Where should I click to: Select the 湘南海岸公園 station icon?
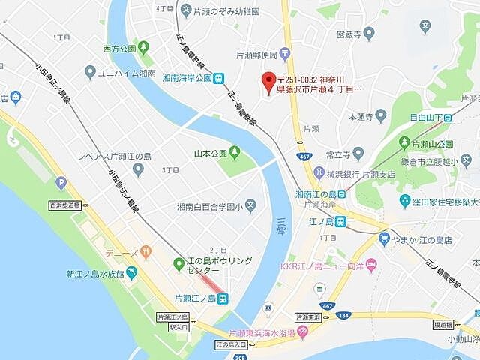tap(217, 77)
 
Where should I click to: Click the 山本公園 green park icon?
tap(234, 154)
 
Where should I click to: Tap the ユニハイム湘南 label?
tap(125, 73)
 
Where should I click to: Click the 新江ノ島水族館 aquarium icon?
tap(132, 273)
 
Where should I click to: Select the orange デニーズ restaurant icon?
tap(146, 252)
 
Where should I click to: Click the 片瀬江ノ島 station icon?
tap(223, 298)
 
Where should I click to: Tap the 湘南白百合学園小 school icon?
tap(250, 205)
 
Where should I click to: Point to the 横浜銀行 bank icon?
tap(319, 174)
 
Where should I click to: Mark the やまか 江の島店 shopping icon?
tap(384, 239)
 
